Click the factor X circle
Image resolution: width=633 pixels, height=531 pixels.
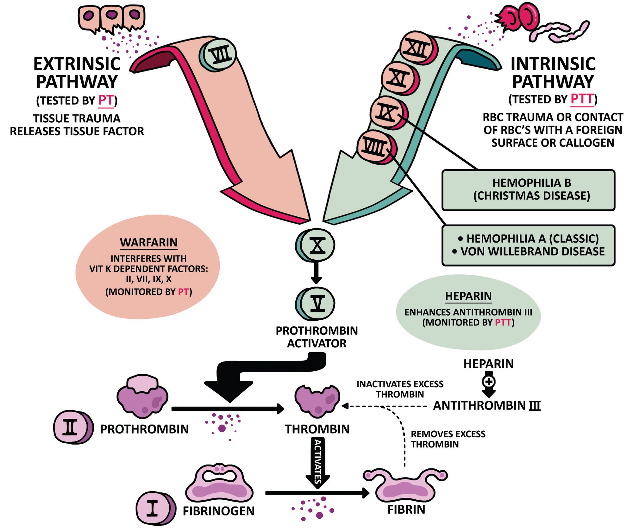[x=316, y=245]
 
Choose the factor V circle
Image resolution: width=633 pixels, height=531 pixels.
[x=316, y=304]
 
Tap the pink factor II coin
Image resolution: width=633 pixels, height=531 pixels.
[x=72, y=427]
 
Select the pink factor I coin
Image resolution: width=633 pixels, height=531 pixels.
[x=154, y=508]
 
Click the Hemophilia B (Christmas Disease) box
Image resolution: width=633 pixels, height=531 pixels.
[x=528, y=190]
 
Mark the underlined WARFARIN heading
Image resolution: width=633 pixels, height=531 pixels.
[x=148, y=243]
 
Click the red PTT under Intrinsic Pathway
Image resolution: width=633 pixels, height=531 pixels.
[x=582, y=99]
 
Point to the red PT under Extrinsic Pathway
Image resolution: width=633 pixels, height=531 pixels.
[x=106, y=100]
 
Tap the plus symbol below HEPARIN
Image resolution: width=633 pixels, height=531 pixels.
[x=489, y=382]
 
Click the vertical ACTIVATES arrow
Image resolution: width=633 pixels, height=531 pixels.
[x=317, y=462]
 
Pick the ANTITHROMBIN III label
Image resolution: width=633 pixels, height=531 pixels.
[x=486, y=405]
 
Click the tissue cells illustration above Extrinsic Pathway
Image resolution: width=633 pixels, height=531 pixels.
[x=111, y=18]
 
